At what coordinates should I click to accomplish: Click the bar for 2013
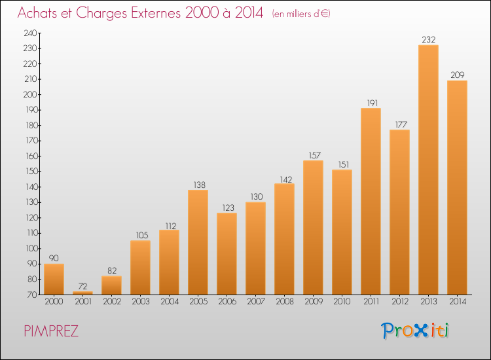click(x=428, y=170)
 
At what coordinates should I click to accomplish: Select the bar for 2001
click(x=82, y=293)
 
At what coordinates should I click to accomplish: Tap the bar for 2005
click(x=198, y=242)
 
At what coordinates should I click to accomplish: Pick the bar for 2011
click(x=371, y=202)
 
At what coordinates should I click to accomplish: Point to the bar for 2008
click(x=284, y=239)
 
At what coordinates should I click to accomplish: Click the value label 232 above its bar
click(x=429, y=40)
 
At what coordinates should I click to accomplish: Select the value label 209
click(x=458, y=75)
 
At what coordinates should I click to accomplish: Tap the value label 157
click(x=315, y=155)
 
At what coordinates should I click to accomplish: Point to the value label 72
click(x=82, y=286)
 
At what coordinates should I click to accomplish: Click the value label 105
click(x=142, y=235)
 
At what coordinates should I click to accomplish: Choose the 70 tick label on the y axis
click(x=33, y=295)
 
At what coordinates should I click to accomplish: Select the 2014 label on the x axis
click(x=458, y=302)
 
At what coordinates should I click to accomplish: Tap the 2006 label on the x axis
click(x=227, y=302)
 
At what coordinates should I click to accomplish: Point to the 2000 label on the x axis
click(x=54, y=302)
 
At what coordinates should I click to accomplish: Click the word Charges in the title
click(x=101, y=13)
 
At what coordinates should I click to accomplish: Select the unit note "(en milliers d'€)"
click(x=301, y=14)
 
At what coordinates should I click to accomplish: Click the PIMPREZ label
click(x=51, y=331)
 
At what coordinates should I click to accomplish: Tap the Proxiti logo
click(x=415, y=331)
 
